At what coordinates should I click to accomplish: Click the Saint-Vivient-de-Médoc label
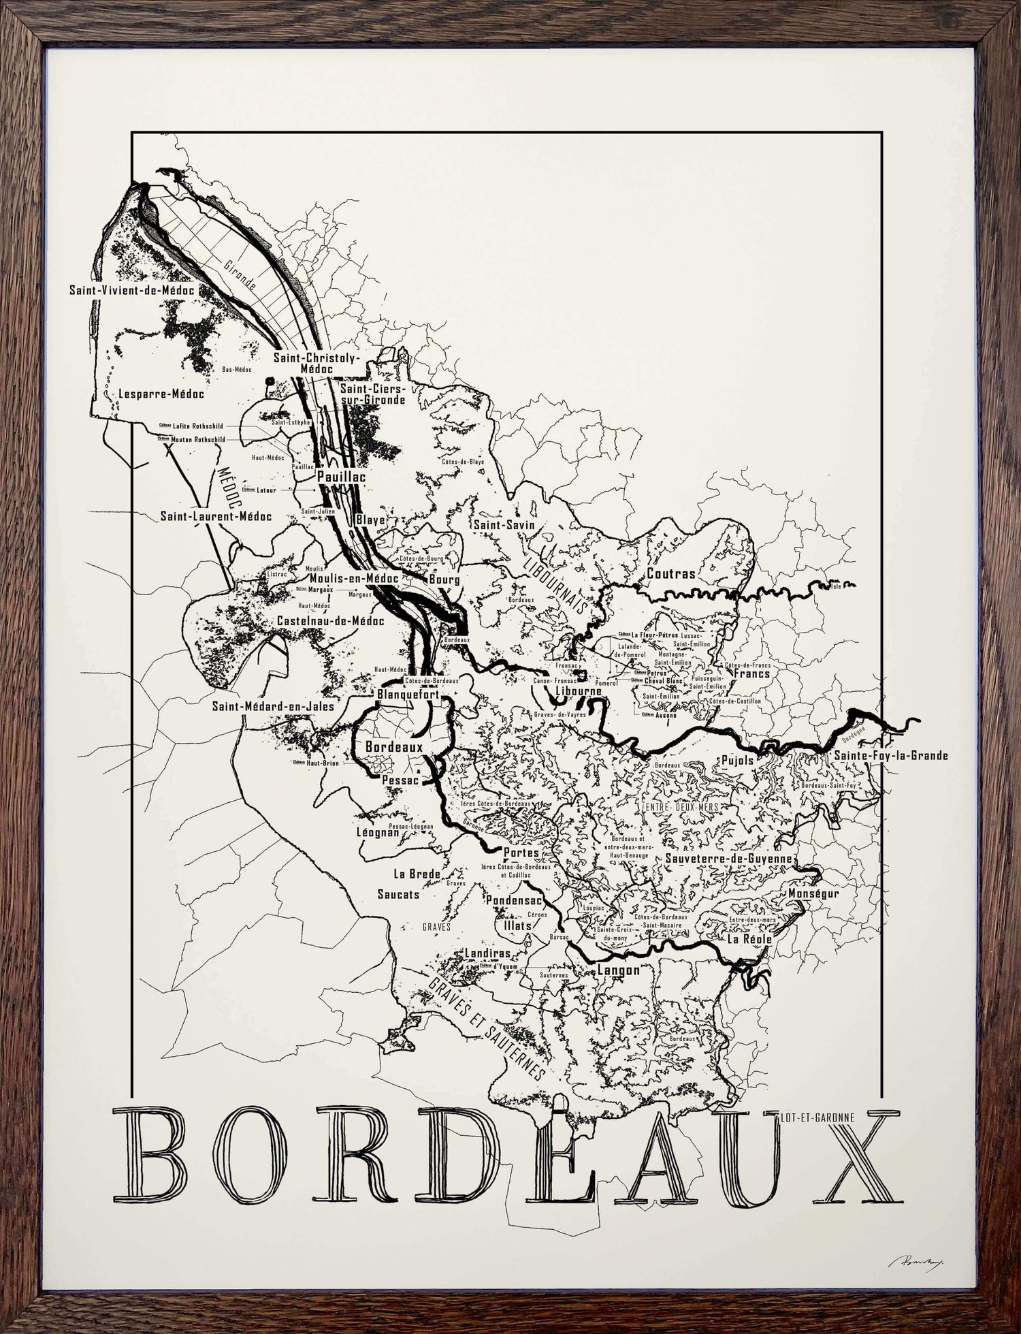coord(132,290)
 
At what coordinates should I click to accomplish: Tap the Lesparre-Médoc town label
coord(161,394)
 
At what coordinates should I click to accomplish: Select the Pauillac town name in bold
coord(342,477)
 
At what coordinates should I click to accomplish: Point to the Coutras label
coord(671,573)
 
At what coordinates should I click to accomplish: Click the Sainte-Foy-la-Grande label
coord(891,755)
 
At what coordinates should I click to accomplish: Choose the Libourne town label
coord(579,691)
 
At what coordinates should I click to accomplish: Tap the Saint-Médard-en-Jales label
coord(273,707)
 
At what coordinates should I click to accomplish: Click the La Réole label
coord(749,939)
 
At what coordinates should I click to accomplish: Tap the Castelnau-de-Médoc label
coord(330,620)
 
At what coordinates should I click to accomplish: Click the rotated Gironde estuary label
coord(240,274)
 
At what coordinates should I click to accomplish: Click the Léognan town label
coord(378,832)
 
